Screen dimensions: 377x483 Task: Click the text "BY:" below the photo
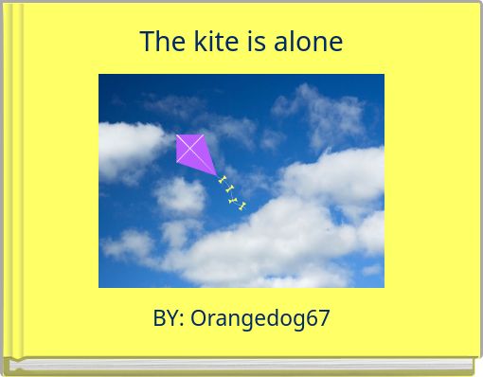[169, 318]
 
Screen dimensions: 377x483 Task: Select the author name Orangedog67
[260, 318]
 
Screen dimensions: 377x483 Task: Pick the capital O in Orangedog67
[199, 318]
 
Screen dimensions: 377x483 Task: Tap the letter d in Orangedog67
[272, 318]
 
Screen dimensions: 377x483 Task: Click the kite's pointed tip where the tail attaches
[217, 175]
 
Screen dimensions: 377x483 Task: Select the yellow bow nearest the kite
[223, 180]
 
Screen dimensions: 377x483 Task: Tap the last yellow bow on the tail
[243, 206]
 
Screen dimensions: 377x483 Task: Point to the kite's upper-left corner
[176, 135]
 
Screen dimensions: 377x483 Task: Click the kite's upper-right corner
[204, 135]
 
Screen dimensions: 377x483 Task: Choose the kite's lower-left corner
[177, 162]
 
